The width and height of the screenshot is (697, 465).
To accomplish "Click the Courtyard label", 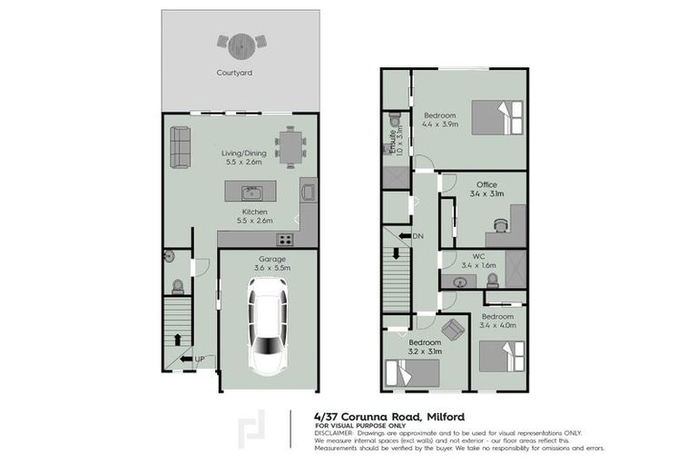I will point(233,72).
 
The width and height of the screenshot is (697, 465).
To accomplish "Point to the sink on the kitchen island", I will point(250,192).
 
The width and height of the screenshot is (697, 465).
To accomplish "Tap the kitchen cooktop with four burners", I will point(284,240).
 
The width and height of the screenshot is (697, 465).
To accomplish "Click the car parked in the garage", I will point(267,326).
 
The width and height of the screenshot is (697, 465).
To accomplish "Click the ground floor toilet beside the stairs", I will point(178,286).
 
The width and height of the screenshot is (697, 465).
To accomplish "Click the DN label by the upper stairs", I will point(417,237).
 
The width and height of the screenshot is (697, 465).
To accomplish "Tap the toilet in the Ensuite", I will point(394,121).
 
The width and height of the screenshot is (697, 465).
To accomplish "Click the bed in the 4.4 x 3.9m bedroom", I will point(497,118).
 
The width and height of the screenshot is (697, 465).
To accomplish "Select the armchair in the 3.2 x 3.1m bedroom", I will point(452,331).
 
